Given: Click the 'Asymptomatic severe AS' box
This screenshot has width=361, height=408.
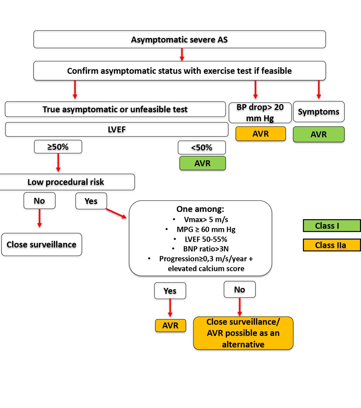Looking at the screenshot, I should [x=180, y=39].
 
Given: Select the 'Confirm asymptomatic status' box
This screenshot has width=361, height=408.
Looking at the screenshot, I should [x=180, y=70].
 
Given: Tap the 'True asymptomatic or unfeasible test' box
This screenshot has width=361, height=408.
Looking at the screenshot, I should [x=115, y=109].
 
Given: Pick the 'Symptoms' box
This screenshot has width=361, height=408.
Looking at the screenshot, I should [x=318, y=112].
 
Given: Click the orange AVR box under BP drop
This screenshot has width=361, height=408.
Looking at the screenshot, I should [x=261, y=134].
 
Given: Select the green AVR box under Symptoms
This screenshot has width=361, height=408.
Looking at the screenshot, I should [x=318, y=134].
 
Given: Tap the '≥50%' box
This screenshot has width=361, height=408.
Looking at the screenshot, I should [x=58, y=147].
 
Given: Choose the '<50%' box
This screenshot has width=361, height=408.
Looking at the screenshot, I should [x=201, y=147].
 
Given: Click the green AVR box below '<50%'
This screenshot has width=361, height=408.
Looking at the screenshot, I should [x=202, y=163].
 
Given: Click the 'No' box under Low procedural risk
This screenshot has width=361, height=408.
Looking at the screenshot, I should [x=39, y=201].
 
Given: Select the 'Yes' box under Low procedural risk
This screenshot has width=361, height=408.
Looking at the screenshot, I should [x=91, y=201].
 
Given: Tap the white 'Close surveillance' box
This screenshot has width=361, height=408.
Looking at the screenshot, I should [x=41, y=244].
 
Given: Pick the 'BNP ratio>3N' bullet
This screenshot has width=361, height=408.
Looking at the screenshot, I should [x=200, y=249].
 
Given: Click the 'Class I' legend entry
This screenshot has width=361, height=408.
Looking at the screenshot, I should [x=331, y=226].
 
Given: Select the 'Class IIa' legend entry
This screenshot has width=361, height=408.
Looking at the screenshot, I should [x=331, y=245].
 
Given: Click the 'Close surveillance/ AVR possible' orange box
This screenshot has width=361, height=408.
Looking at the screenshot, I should [x=243, y=333].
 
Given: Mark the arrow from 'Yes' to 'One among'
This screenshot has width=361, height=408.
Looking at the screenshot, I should [x=117, y=213].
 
